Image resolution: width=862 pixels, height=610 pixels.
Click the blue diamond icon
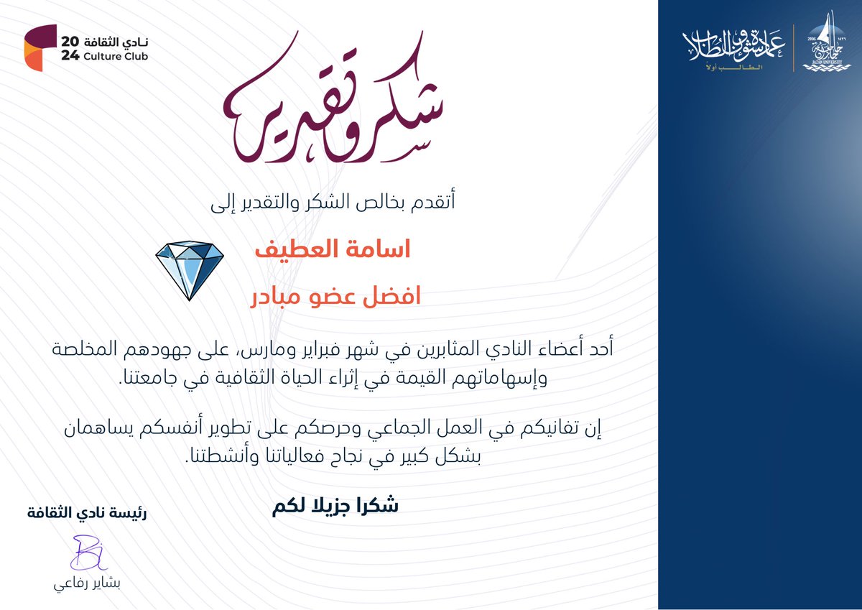(190, 270)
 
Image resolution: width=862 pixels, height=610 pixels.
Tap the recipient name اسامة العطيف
(333, 251)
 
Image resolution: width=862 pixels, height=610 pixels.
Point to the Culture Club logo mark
(40, 47)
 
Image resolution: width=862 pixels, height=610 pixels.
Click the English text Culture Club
(115, 56)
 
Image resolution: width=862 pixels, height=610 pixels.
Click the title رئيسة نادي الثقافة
(88, 514)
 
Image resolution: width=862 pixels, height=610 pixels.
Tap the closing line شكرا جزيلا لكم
(335, 505)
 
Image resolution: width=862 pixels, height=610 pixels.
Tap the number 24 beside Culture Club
(70, 56)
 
